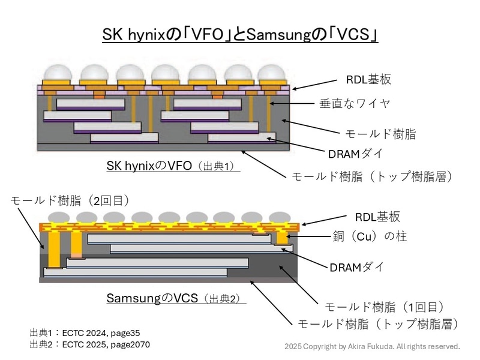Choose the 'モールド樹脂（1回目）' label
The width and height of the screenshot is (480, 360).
coord(384,306)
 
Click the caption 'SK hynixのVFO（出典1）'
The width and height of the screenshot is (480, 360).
coord(173,166)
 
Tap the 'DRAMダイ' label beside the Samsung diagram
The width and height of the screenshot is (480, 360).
coord(356,267)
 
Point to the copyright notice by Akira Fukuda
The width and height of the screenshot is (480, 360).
coord(372,346)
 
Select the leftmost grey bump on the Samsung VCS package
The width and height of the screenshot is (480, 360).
coord(56,217)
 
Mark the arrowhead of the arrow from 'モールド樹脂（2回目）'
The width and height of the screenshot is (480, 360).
coord(44,248)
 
